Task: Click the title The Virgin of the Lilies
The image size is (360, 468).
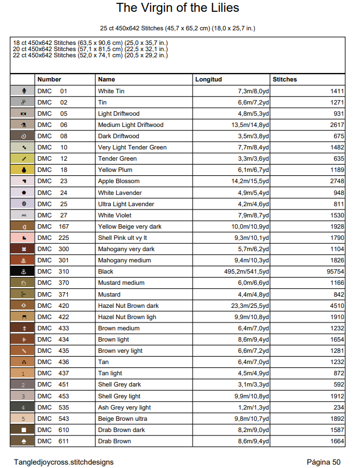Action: pyautogui.click(x=177, y=8)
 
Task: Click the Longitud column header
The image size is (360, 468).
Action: pyautogui.click(x=208, y=80)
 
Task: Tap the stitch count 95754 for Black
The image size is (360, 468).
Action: pyautogui.click(x=332, y=272)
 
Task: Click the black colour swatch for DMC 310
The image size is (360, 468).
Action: pyautogui.click(x=23, y=272)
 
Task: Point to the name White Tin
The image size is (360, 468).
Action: pyautogui.click(x=111, y=91)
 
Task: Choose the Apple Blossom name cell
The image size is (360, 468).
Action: pyautogui.click(x=119, y=181)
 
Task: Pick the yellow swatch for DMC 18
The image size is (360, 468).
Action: pyautogui.click(x=23, y=170)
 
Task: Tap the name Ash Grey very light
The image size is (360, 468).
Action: pyautogui.click(x=124, y=407)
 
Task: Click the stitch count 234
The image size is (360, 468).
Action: pyautogui.click(x=338, y=407)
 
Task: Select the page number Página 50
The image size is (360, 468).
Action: pyautogui.click(x=323, y=462)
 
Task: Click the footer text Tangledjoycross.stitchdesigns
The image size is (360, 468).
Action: pyautogui.click(x=63, y=462)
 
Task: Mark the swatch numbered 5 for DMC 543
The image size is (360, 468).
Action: pyautogui.click(x=23, y=419)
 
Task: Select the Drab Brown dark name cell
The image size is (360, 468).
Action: pyautogui.click(x=121, y=430)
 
